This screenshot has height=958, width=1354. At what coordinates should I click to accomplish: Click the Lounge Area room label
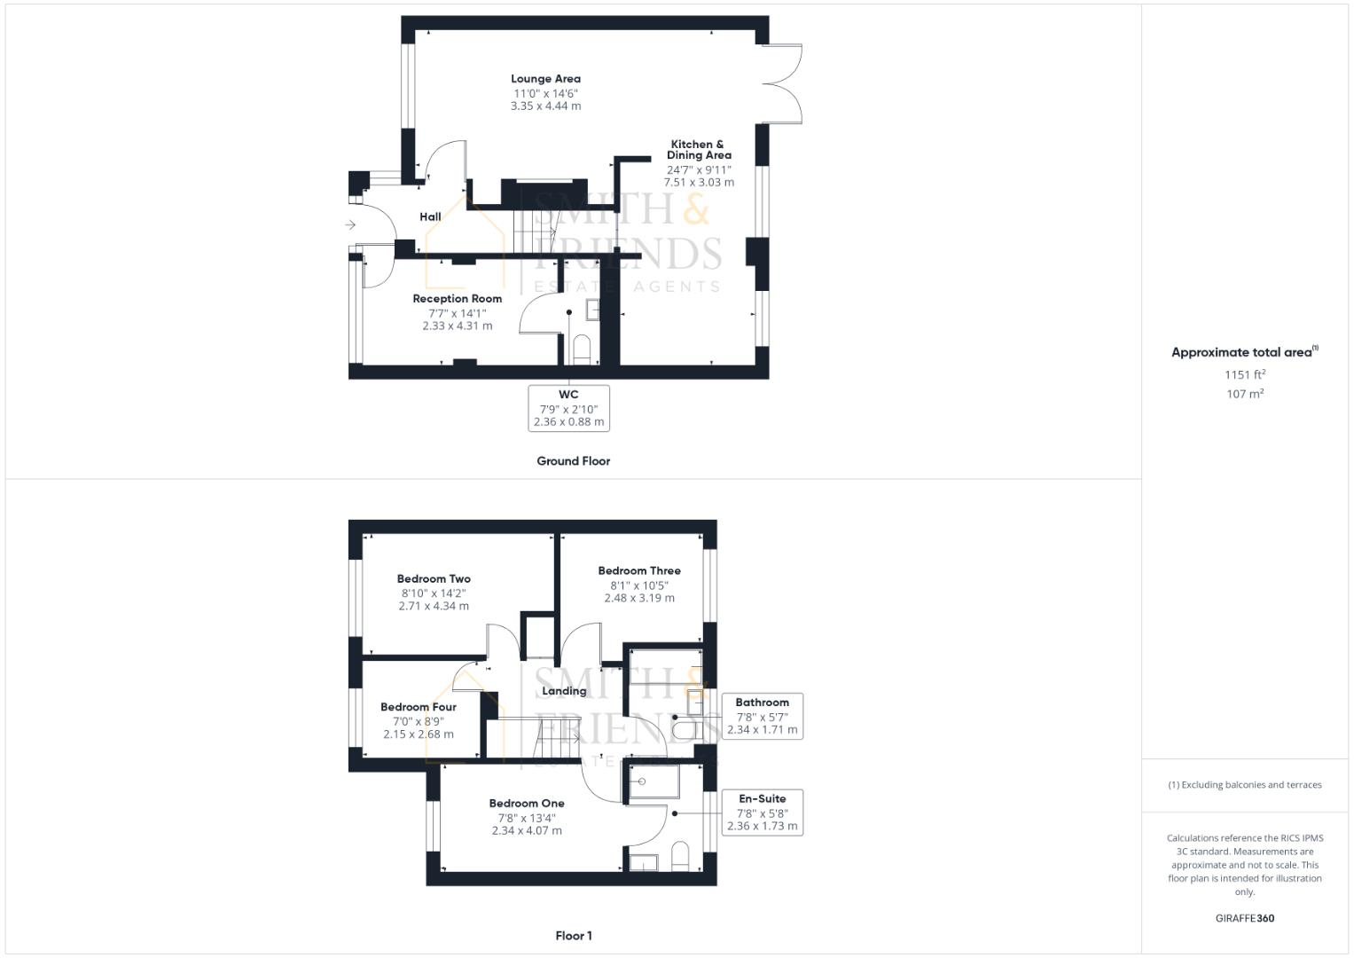[545, 79]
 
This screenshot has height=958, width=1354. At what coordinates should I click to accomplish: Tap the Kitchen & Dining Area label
[698, 149]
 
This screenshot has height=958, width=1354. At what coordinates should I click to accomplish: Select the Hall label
[430, 216]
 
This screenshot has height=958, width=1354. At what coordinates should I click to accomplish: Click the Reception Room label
[457, 299]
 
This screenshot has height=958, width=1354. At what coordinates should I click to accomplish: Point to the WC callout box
[568, 408]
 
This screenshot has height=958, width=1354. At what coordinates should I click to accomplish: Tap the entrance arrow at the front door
[350, 225]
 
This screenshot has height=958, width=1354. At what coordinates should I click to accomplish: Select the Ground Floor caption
[573, 461]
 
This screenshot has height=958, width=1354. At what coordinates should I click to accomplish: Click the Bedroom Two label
[434, 579]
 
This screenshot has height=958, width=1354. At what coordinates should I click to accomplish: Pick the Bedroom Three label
[638, 571]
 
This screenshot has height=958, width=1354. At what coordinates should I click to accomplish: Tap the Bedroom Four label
[418, 707]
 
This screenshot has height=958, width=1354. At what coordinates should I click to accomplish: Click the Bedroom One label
[527, 804]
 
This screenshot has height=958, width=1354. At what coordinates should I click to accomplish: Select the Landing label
[564, 691]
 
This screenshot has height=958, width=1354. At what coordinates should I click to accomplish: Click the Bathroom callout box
[762, 716]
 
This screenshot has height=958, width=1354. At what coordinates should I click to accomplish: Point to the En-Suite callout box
[762, 813]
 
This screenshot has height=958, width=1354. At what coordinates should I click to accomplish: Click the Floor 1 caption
[573, 936]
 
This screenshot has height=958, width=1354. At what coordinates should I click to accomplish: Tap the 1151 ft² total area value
[1245, 374]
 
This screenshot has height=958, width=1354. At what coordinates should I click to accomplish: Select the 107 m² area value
[1245, 394]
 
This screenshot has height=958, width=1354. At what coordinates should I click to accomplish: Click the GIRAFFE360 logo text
[1244, 918]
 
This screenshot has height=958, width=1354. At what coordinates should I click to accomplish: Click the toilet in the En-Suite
[681, 855]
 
